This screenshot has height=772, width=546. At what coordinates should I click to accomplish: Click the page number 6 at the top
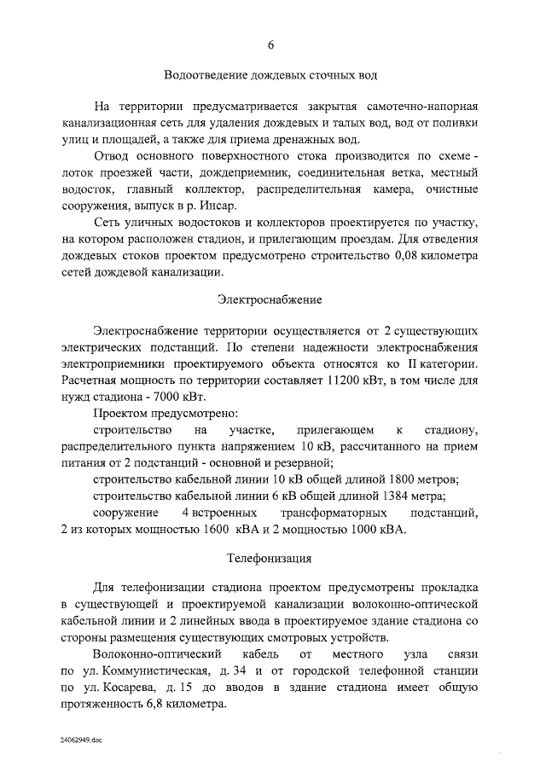(270, 45)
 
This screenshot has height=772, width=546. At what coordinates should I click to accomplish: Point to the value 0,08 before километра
(398, 255)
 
